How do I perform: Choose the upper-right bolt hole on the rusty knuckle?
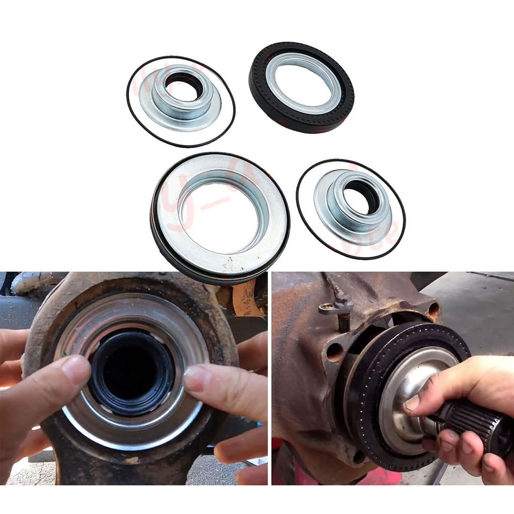click(x=433, y=309)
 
